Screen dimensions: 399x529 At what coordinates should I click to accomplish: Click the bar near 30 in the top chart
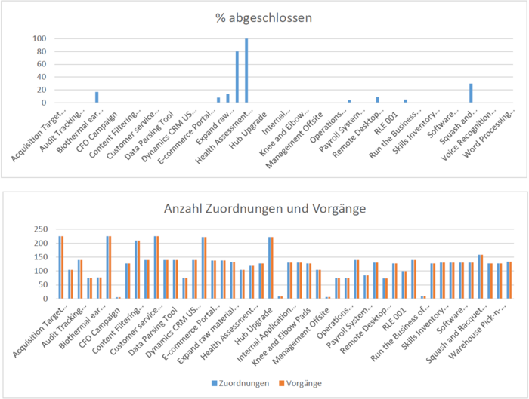click(x=470, y=93)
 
